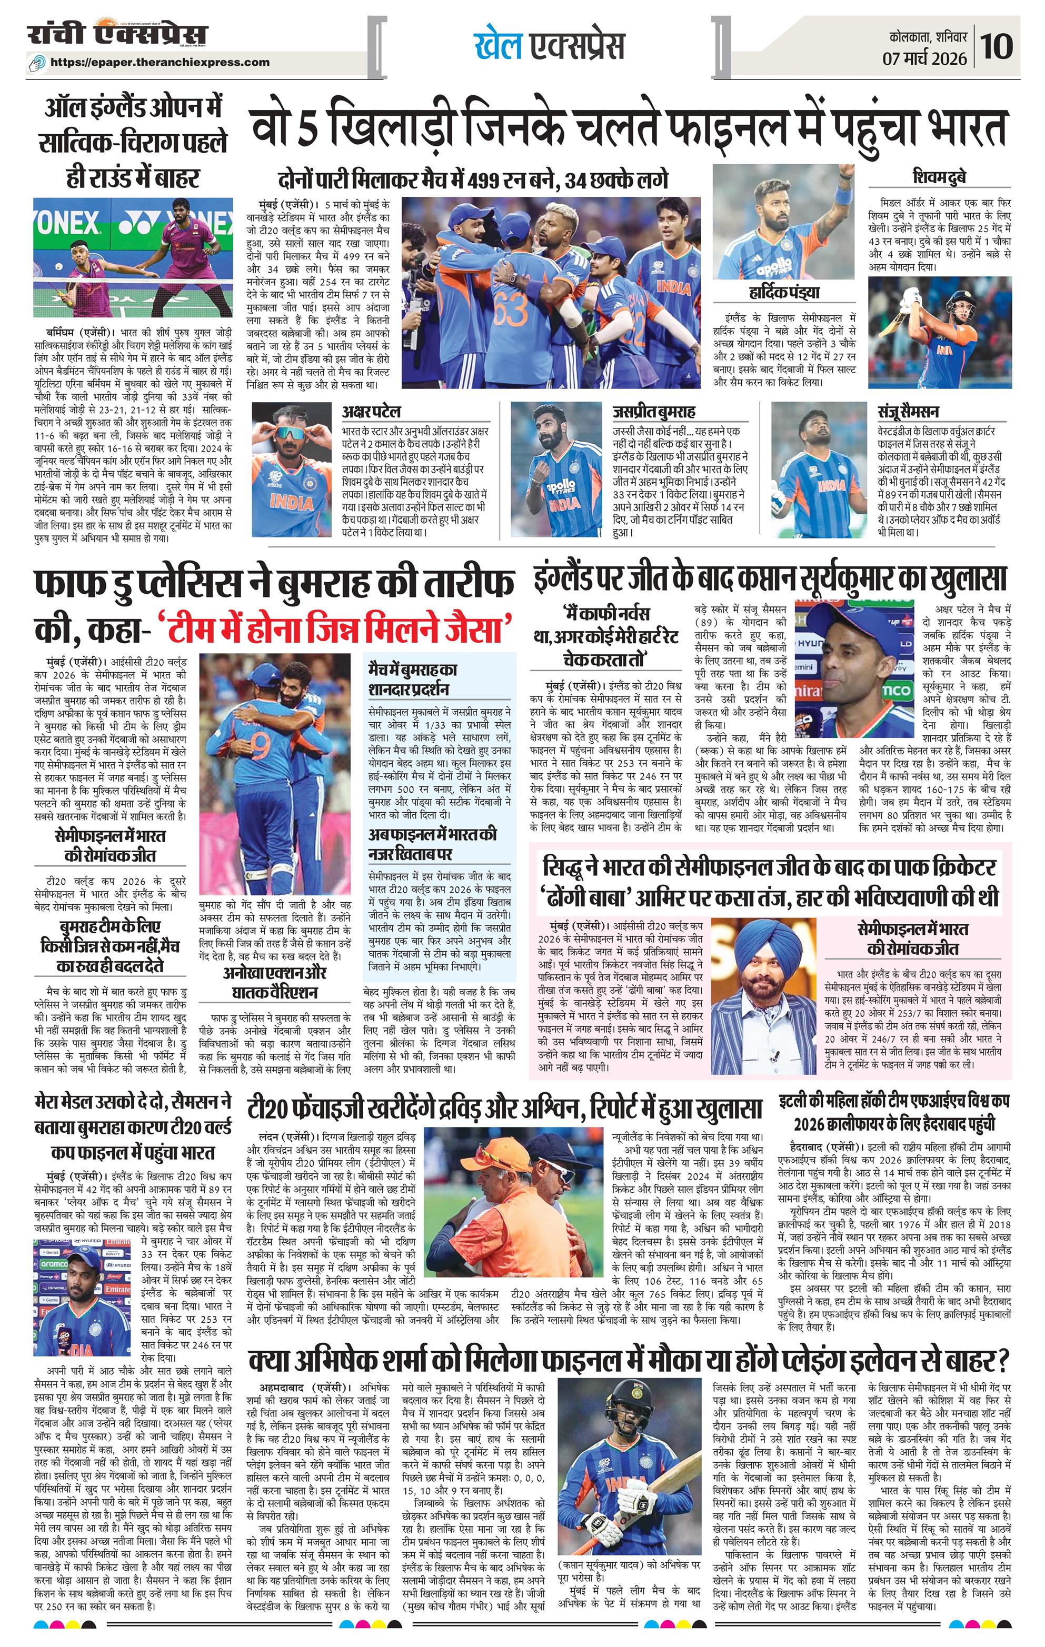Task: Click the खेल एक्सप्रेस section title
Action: point(549,46)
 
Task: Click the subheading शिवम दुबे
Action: point(940,178)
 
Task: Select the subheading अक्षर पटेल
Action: point(371,411)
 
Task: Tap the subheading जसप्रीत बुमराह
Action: point(653,411)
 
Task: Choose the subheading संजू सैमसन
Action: point(908,411)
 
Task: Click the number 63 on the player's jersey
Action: point(507,311)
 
